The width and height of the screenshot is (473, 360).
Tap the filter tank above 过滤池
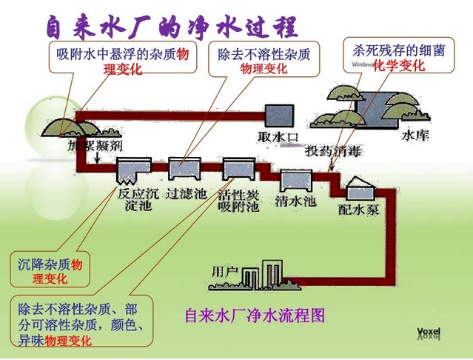click(x=183, y=169)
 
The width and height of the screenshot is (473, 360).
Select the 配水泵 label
click(x=358, y=210)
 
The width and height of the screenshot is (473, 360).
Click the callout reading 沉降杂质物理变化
click(x=52, y=270)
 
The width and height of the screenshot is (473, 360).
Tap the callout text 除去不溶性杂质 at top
click(x=264, y=54)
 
